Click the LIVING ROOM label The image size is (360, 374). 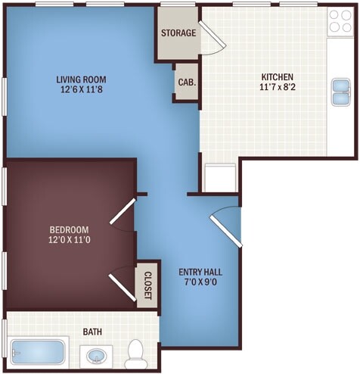(81, 79)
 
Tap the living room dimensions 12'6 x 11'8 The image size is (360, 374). (81, 89)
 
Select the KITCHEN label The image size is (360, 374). (277, 76)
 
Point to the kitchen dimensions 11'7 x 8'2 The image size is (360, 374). (277, 87)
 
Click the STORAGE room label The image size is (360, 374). (178, 33)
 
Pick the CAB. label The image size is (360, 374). (185, 84)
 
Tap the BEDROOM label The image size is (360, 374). (69, 230)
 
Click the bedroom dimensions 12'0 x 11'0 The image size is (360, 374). (69, 241)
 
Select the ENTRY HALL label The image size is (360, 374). (200, 272)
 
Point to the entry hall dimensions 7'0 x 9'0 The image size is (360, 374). (200, 282)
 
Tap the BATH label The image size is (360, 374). (92, 332)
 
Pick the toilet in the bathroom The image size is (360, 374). (136, 353)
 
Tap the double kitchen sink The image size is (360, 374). (340, 91)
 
